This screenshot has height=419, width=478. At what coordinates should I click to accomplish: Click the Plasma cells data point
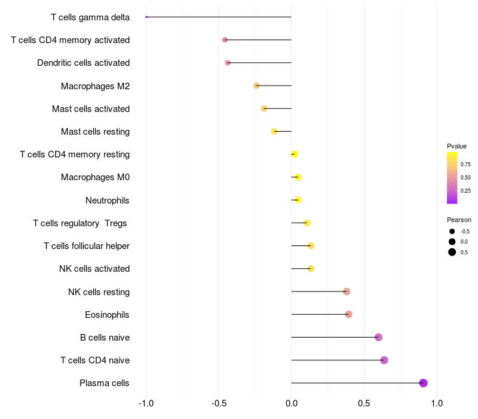pos(423,383)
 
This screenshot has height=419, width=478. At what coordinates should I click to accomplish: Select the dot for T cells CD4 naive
pos(384,360)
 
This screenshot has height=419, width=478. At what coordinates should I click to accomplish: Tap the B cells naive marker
pos(378,337)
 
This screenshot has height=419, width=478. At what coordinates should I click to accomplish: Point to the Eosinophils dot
pos(348,314)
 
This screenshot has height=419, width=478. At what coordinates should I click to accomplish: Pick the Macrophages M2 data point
pos(256,86)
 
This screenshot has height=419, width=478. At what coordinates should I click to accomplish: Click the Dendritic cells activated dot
pos(227,63)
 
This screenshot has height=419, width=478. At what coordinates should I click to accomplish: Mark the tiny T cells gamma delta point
pos(146,17)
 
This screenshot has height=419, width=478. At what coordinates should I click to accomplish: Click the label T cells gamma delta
pos(90,17)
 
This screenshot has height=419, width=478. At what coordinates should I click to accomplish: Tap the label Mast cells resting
pos(95,132)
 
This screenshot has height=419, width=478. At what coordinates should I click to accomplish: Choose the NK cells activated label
pos(94,269)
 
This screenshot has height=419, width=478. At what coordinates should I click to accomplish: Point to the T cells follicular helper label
pos(87,246)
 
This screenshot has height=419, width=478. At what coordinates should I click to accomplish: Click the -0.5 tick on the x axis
pos(219,403)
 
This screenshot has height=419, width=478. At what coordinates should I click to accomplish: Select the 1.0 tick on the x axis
pos(437,403)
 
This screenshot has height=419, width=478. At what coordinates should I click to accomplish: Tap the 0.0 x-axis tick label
pos(292,403)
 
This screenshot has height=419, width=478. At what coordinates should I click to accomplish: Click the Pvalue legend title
pos(456,146)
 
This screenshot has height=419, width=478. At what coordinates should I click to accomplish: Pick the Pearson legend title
pos(459,220)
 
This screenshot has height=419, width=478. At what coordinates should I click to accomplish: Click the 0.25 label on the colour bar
pos(465,191)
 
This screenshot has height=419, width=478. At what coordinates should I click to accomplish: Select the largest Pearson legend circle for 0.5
pos(452,252)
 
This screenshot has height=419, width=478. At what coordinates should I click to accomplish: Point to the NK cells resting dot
pos(347,292)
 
